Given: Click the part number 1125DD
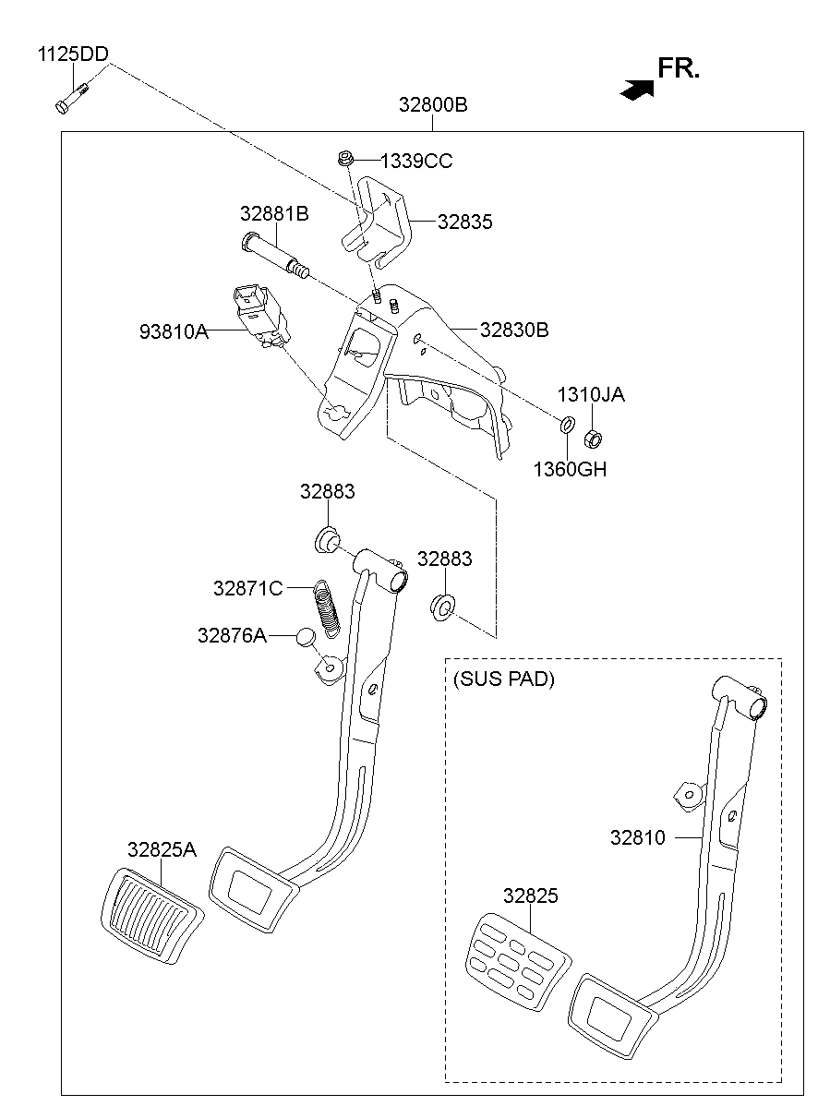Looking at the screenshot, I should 72,54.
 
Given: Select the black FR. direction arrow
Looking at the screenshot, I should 638,89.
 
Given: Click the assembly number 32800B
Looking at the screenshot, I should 433,105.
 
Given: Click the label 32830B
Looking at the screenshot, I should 514,330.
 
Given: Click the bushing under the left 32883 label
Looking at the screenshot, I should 327,538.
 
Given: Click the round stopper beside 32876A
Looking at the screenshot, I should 307,636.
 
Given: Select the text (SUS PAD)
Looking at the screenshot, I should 503,679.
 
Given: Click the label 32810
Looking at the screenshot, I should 637,838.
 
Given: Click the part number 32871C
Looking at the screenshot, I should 247,588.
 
